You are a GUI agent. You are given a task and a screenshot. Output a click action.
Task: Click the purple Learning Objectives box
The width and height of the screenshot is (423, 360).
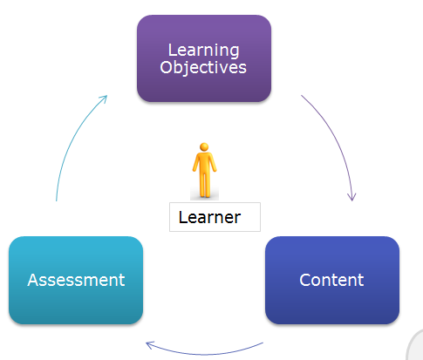click(x=204, y=58)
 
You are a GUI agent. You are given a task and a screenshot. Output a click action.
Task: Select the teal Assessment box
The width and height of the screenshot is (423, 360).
click(x=76, y=280)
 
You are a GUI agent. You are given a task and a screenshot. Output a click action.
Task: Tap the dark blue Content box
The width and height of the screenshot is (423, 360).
click(x=331, y=280)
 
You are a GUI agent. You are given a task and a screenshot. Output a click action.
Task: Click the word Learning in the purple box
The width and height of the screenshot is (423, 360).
click(x=203, y=50)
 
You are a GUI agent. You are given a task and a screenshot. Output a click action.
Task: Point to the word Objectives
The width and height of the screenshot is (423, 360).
click(x=203, y=67)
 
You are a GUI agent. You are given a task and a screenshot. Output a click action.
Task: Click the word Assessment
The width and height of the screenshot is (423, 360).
click(x=76, y=280)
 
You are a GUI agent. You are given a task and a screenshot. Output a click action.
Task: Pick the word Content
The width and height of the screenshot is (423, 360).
click(x=331, y=280)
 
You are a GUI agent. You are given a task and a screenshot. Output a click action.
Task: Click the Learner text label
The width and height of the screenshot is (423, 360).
click(x=209, y=217)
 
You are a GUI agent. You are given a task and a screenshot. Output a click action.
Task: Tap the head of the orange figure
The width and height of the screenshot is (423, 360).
click(x=204, y=149)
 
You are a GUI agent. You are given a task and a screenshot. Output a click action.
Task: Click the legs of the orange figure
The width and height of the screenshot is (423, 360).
click(x=204, y=186)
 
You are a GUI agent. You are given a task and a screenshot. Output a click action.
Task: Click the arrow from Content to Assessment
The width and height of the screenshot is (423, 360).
click(x=205, y=351)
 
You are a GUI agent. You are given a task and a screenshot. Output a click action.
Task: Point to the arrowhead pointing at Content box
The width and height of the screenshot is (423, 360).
click(x=353, y=197)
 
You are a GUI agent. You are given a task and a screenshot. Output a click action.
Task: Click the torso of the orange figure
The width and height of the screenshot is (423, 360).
click(x=204, y=165)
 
